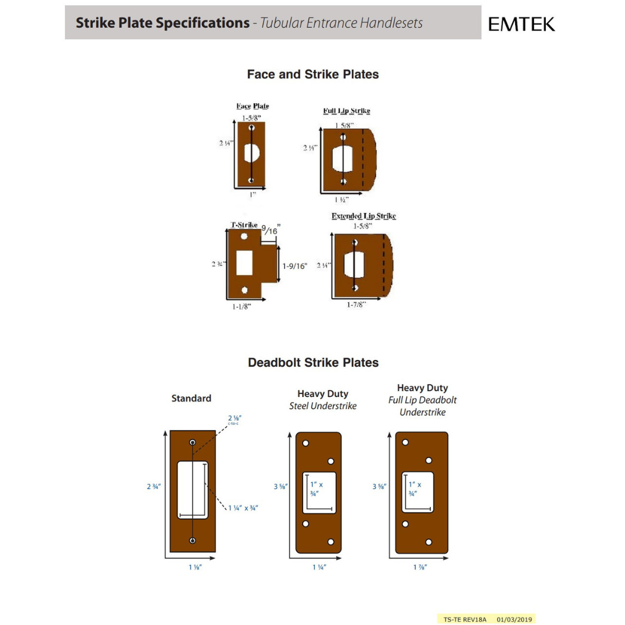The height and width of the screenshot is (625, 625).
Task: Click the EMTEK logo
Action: click(x=521, y=24)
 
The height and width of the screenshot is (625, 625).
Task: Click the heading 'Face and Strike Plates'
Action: click(x=312, y=75)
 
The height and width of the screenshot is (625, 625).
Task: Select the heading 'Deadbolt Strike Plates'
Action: click(x=312, y=363)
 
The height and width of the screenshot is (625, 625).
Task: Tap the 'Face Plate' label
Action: click(x=252, y=106)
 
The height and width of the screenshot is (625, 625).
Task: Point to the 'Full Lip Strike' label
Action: click(x=346, y=111)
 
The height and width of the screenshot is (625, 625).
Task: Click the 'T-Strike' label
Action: click(x=244, y=225)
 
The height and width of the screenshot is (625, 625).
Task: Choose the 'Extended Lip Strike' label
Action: click(x=363, y=216)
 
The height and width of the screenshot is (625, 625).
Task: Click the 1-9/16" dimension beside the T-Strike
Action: click(x=295, y=266)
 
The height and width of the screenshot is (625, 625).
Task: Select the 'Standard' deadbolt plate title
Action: click(x=191, y=398)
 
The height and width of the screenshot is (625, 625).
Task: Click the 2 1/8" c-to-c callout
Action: click(x=234, y=417)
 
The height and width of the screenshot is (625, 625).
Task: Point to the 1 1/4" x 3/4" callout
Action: click(x=242, y=508)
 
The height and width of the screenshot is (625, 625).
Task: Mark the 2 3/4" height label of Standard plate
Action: click(x=153, y=487)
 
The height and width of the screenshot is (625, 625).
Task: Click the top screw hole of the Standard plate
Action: click(x=193, y=443)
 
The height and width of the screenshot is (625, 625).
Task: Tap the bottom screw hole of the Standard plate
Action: click(x=193, y=540)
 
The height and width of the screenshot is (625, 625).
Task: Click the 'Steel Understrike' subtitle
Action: click(x=323, y=406)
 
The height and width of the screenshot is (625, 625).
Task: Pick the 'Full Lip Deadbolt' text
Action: click(x=422, y=400)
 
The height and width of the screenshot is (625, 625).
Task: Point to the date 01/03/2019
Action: click(x=514, y=619)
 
